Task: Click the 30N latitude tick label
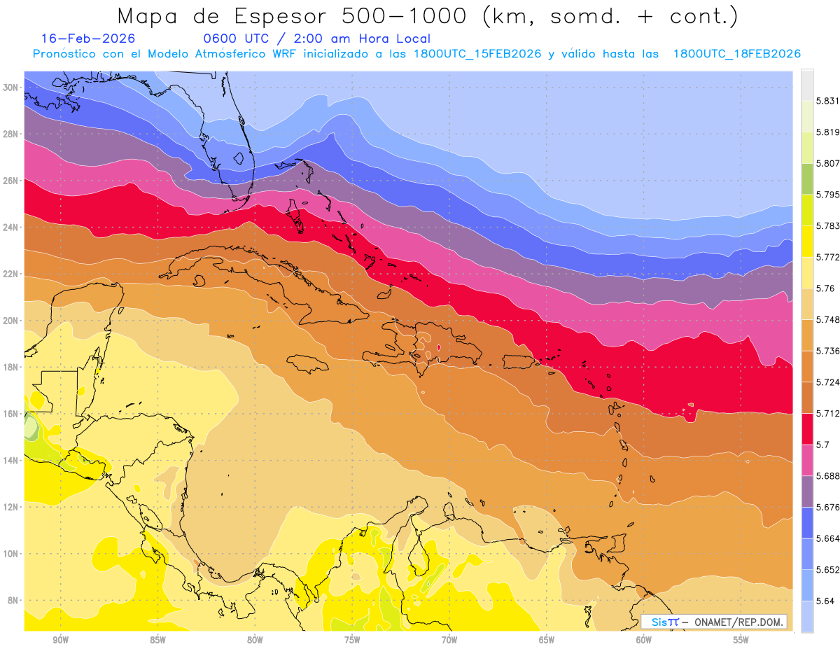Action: click(10, 87)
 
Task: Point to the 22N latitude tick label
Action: click(10, 274)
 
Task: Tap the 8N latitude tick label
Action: click(13, 600)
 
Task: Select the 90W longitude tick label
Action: click(61, 639)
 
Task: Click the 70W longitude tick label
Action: click(449, 639)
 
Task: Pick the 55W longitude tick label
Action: click(741, 639)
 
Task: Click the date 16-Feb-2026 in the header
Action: click(88, 39)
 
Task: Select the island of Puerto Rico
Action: click(519, 361)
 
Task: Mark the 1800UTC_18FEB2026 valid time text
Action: click(736, 54)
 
